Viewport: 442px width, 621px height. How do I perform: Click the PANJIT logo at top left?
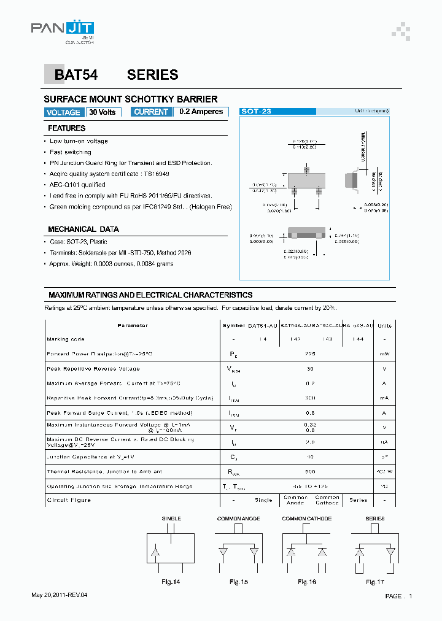(x=62, y=29)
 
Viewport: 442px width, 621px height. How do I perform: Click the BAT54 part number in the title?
(x=76, y=75)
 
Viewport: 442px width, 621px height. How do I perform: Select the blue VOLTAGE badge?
(x=63, y=112)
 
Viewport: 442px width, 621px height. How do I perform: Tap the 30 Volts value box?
(x=102, y=112)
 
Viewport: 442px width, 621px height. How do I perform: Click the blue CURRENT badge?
(x=151, y=112)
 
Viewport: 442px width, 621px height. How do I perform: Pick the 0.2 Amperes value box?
(x=201, y=112)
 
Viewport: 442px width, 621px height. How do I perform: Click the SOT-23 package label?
(x=256, y=112)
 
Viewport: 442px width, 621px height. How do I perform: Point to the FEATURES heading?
(x=67, y=128)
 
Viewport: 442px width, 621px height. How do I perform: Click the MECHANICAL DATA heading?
(x=83, y=229)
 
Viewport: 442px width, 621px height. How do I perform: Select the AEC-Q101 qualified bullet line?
(x=77, y=185)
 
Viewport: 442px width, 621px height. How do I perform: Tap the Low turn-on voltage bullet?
(x=79, y=141)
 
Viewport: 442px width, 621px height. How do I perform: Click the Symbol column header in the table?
(x=233, y=326)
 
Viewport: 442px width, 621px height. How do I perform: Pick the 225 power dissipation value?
(x=309, y=354)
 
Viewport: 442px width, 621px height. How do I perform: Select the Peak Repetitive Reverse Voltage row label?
(x=93, y=369)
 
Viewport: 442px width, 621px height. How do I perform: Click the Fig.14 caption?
(x=171, y=582)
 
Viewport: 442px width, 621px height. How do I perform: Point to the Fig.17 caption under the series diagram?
(x=374, y=582)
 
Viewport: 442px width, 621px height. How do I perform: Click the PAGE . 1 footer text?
(x=398, y=596)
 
